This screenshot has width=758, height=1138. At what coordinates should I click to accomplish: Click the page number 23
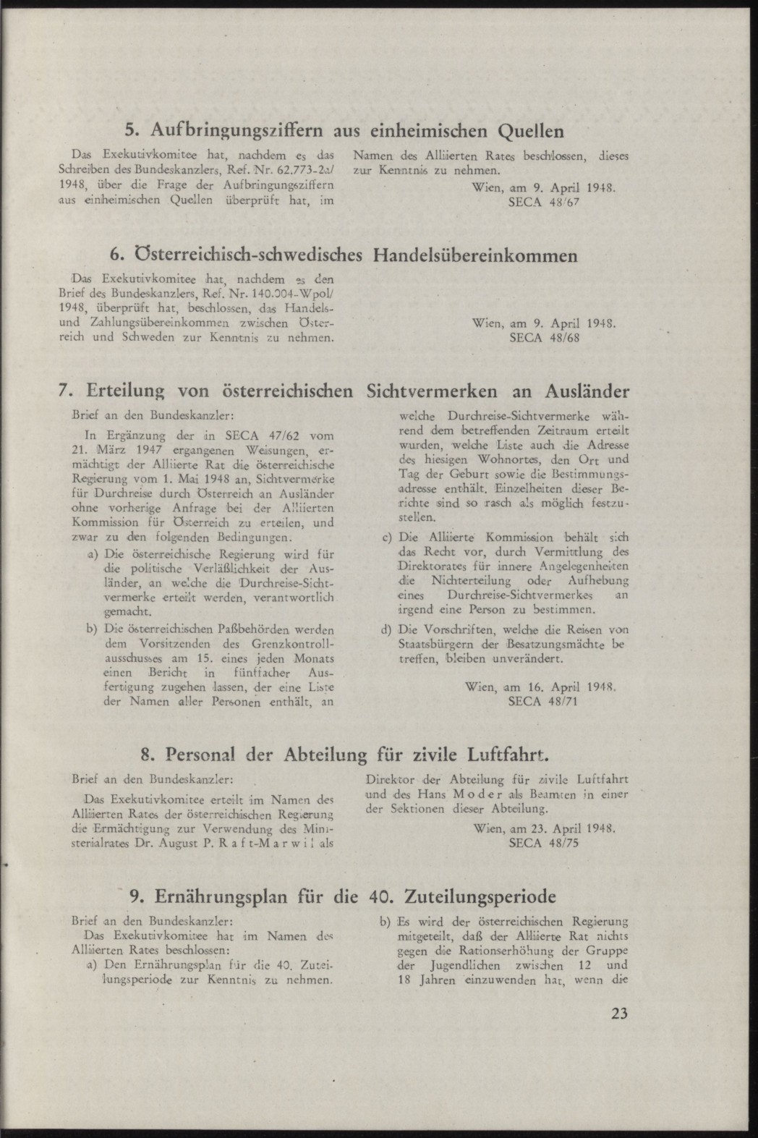pos(619,1014)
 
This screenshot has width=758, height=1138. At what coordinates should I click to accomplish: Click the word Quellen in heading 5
pos(532,132)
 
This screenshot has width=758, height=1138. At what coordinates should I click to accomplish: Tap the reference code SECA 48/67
pos(544,203)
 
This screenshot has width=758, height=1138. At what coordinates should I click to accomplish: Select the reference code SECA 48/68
pos(544,338)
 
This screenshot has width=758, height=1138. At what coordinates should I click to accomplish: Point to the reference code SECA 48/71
pos(544,701)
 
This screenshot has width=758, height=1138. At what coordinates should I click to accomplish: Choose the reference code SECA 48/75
pos(544,843)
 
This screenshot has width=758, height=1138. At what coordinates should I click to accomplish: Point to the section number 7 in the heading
pos(63,391)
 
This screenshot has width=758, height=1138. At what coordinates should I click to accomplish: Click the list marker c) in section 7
pos(386,538)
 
